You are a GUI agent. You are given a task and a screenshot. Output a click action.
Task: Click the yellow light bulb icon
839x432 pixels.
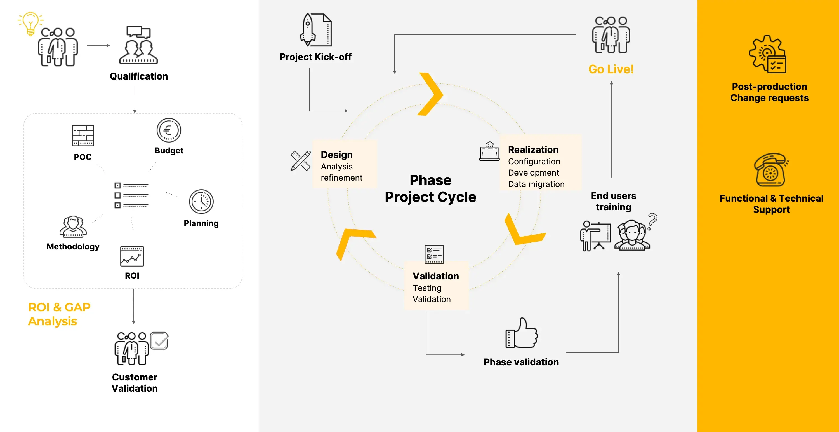(x=30, y=24)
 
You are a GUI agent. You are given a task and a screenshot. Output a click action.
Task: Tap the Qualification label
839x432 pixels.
(x=139, y=76)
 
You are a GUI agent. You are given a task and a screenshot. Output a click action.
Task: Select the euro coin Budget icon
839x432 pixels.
(x=169, y=130)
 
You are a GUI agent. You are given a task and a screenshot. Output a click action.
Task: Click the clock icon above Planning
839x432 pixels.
(x=201, y=202)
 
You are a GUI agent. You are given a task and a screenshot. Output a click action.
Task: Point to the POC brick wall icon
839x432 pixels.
(x=83, y=135)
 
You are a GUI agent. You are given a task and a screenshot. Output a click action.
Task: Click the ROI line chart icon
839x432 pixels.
(x=132, y=256)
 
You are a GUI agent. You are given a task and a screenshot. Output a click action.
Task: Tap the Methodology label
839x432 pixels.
(x=73, y=246)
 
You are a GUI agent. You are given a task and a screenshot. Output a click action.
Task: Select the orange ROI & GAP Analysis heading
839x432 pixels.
(x=59, y=314)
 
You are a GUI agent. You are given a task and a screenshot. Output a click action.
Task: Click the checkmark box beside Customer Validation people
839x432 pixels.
(x=159, y=341)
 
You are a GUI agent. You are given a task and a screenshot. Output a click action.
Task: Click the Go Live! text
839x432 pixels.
(x=611, y=69)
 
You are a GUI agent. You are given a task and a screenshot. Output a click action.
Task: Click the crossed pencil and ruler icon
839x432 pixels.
(x=300, y=161)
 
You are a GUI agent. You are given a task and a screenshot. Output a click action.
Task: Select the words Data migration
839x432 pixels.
(x=536, y=184)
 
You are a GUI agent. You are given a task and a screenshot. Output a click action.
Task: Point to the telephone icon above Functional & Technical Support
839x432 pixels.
(x=770, y=170)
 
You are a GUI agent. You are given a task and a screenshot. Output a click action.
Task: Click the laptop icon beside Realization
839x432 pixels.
(x=489, y=152)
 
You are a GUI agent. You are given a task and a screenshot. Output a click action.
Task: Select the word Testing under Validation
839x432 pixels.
(x=427, y=288)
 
